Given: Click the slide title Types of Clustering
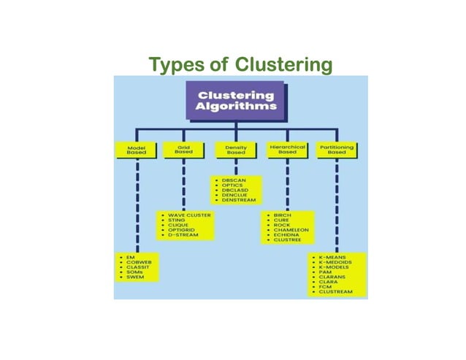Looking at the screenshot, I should click(240, 66).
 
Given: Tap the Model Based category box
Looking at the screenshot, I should click(137, 150).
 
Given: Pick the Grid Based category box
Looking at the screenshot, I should click(183, 150).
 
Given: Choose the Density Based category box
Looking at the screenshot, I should click(236, 150).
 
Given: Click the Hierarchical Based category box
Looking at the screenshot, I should click(287, 150).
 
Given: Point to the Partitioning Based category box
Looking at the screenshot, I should click(337, 150).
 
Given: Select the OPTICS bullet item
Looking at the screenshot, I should click(234, 186).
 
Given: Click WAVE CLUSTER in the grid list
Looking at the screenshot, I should click(189, 216).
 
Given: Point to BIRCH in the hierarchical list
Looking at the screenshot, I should click(282, 216).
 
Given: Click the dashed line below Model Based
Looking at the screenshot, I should click(137, 204).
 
